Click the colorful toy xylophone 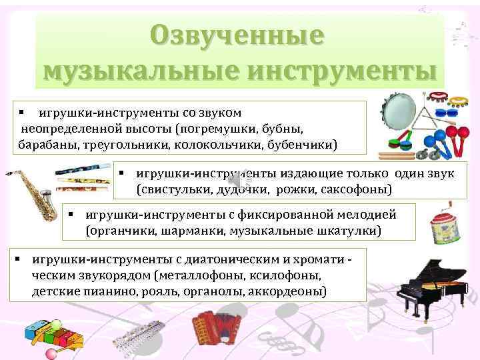click(x=50, y=333)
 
